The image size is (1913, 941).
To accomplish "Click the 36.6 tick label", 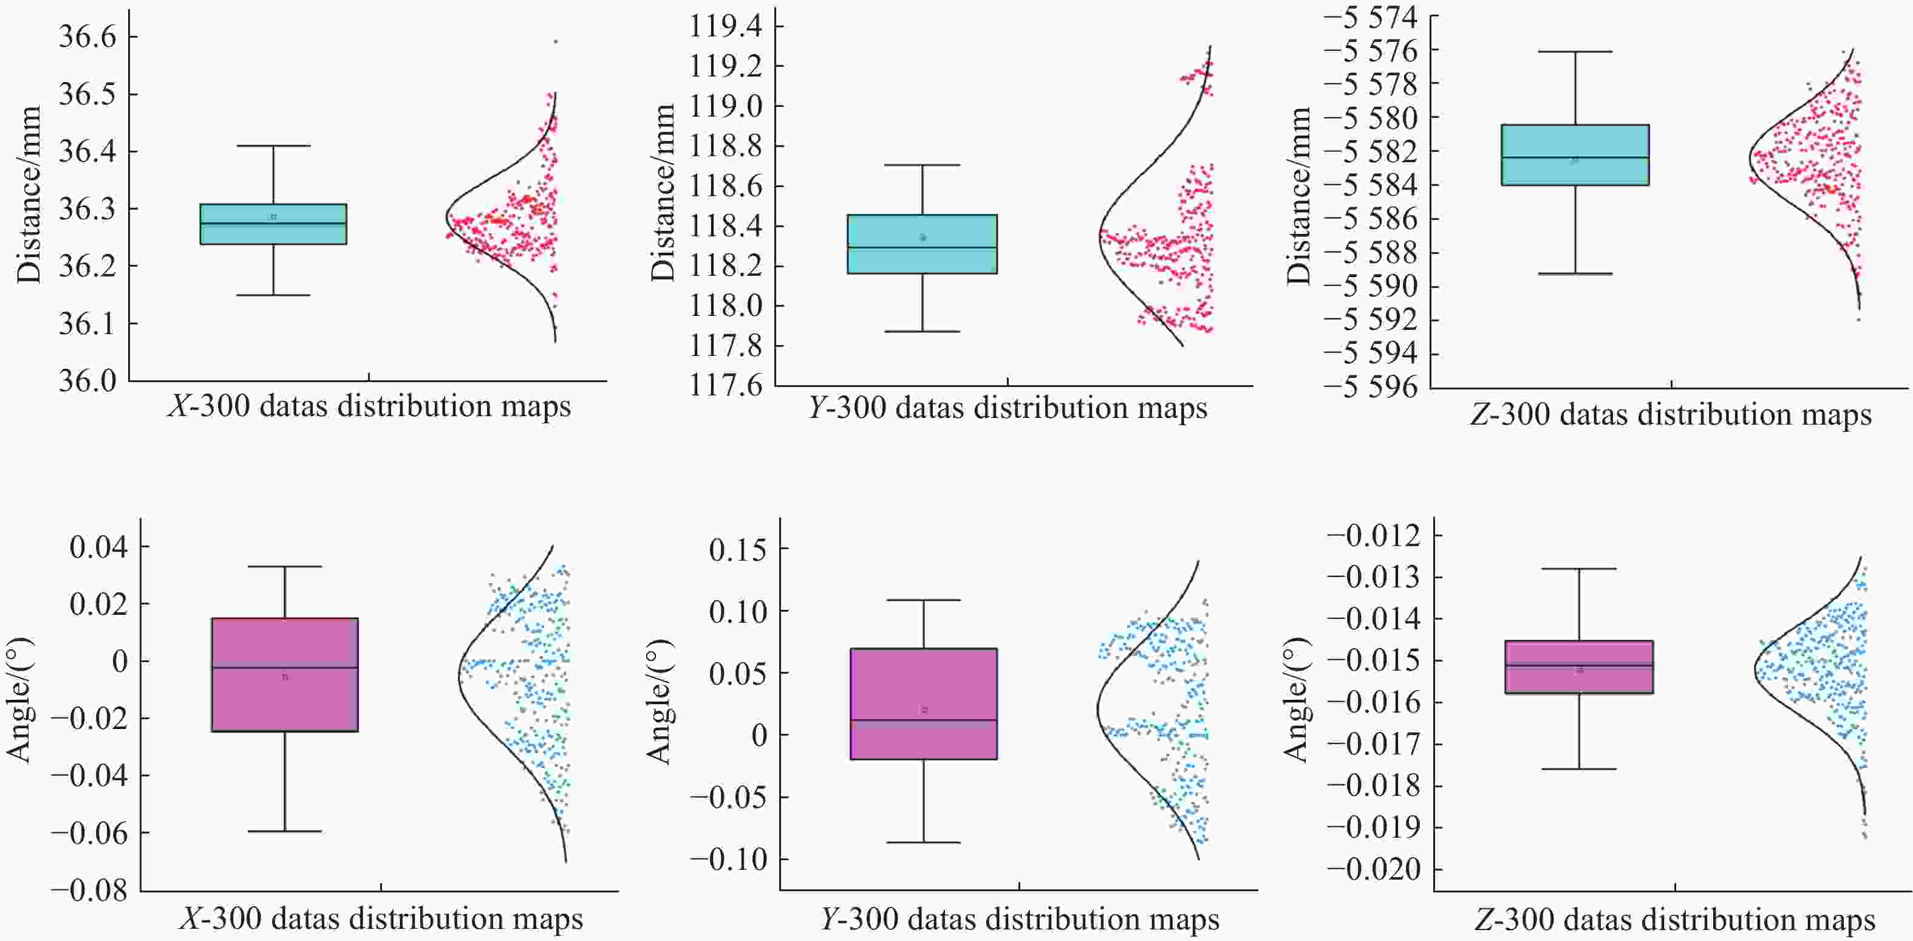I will pyautogui.click(x=87, y=36).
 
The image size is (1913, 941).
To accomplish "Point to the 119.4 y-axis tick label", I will pyautogui.click(x=726, y=27).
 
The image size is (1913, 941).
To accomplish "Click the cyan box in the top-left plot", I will pyautogui.click(x=273, y=224).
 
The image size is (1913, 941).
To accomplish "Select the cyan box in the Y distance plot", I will pyautogui.click(x=922, y=244).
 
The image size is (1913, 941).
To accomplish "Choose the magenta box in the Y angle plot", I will pyautogui.click(x=924, y=703).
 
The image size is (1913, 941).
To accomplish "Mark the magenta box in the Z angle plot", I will pyautogui.click(x=1579, y=667).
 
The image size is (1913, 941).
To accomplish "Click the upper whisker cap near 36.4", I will pyautogui.click(x=273, y=146).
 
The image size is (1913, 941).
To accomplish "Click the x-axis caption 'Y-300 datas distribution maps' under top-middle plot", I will pyautogui.click(x=1008, y=408).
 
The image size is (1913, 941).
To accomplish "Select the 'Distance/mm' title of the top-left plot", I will pyautogui.click(x=29, y=194).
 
